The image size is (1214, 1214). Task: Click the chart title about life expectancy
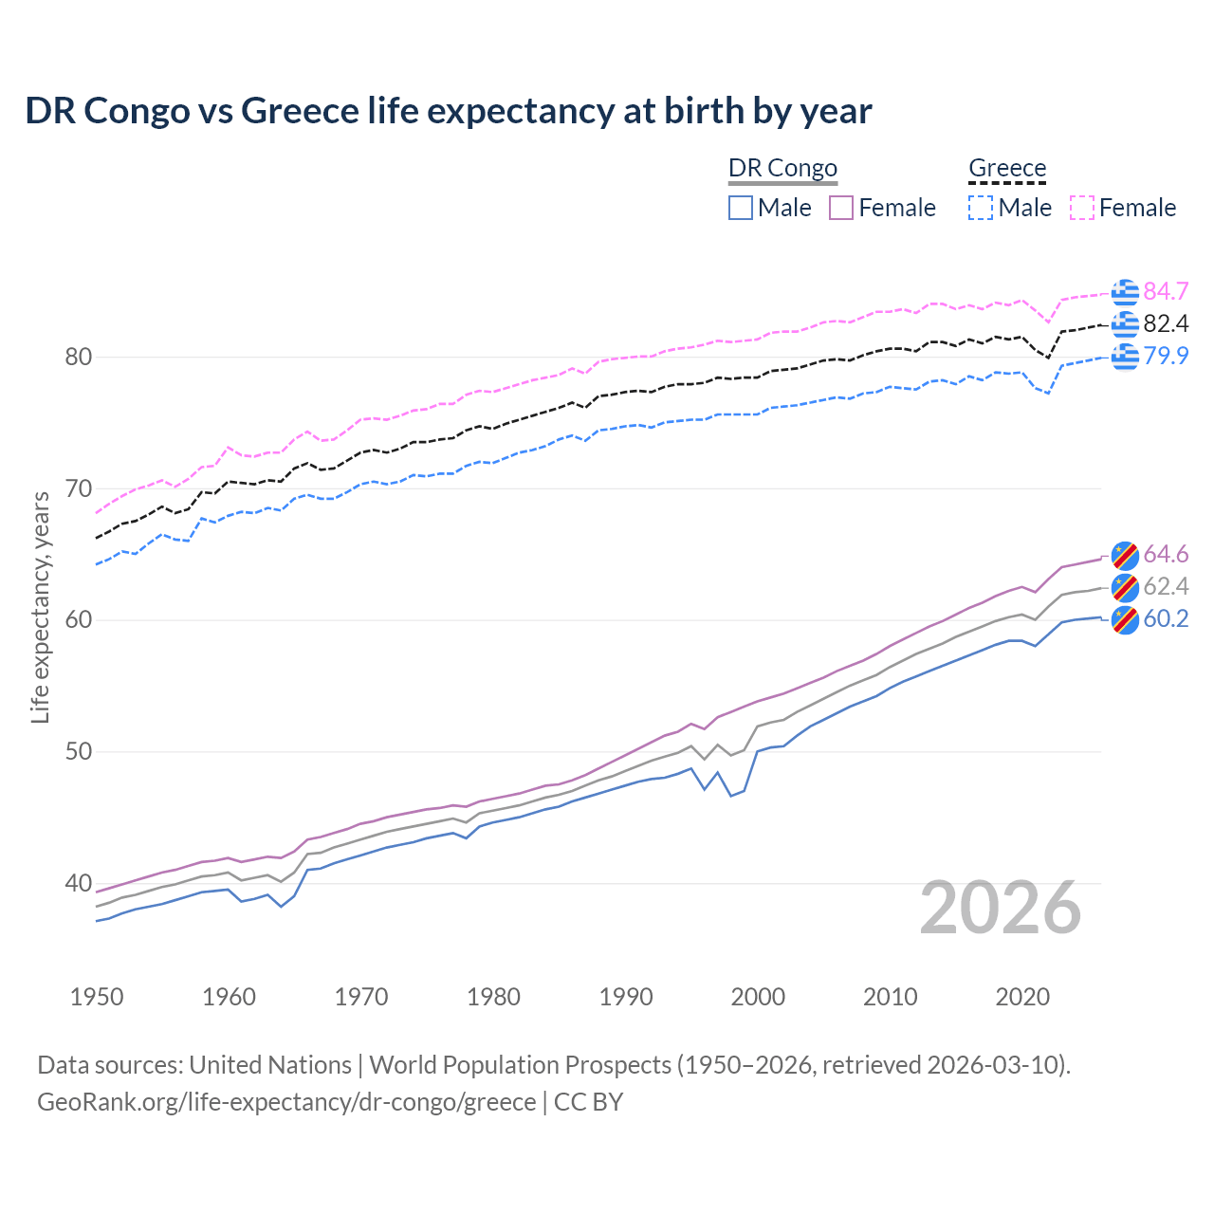pyautogui.click(x=448, y=111)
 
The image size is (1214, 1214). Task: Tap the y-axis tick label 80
pyautogui.click(x=79, y=358)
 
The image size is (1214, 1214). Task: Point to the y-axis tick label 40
pyautogui.click(x=79, y=883)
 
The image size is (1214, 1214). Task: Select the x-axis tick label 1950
pyautogui.click(x=97, y=997)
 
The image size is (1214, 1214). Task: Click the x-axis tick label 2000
pyautogui.click(x=758, y=997)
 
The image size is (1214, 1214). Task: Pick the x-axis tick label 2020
pyautogui.click(x=1022, y=997)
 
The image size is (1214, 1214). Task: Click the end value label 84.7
pyautogui.click(x=1166, y=291)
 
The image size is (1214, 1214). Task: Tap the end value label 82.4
pyautogui.click(x=1166, y=324)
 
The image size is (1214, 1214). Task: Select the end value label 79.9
pyautogui.click(x=1166, y=356)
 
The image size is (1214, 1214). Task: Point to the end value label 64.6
pyautogui.click(x=1166, y=555)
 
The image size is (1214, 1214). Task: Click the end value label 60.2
pyautogui.click(x=1166, y=619)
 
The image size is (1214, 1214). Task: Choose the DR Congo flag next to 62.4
pyautogui.click(x=1125, y=587)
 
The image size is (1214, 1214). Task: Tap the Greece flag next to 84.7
pyautogui.click(x=1125, y=292)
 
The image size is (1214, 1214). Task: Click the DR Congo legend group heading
pyautogui.click(x=782, y=169)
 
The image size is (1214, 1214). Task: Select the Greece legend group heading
pyautogui.click(x=1007, y=169)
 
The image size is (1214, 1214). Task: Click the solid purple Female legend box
pyautogui.click(x=841, y=208)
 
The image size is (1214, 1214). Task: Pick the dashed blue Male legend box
pyautogui.click(x=981, y=208)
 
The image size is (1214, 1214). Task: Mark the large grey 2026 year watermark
pyautogui.click(x=1001, y=909)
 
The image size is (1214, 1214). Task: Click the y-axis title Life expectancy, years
pyautogui.click(x=41, y=607)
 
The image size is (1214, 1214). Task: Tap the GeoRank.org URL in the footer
pyautogui.click(x=286, y=1102)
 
